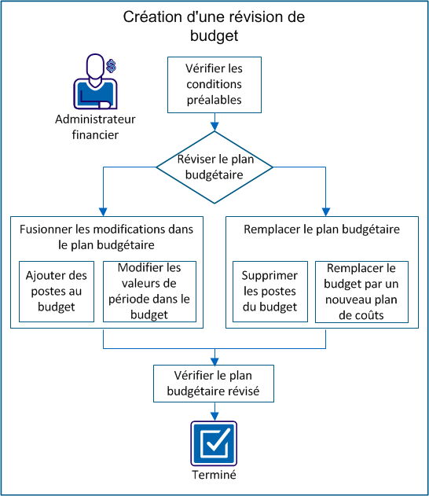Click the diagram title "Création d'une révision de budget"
(214, 26)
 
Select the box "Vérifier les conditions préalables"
(214, 84)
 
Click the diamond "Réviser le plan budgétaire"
(214, 166)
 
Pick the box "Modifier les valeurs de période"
(148, 291)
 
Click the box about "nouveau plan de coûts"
(361, 291)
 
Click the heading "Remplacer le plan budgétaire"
(324, 230)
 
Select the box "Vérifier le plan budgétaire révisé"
(214, 383)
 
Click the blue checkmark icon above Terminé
(214, 443)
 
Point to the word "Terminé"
(214, 476)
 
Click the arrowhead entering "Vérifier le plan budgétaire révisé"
(214, 358)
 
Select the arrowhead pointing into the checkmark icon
(214, 415)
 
